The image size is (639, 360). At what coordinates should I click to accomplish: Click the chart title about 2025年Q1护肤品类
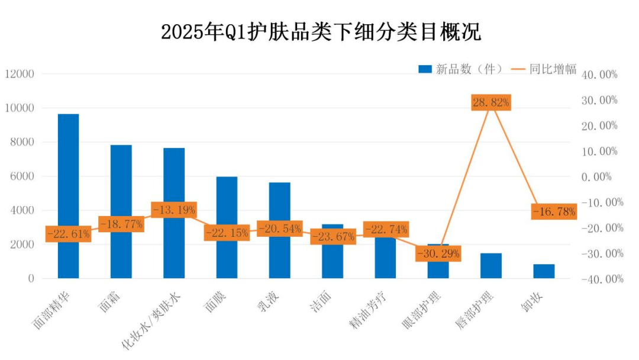[321, 32]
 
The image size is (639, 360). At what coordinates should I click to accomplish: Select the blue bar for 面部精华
[69, 196]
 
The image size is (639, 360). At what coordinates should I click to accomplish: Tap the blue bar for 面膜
[227, 227]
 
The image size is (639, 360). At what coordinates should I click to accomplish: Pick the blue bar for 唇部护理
[491, 266]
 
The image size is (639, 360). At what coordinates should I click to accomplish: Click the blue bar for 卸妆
[544, 271]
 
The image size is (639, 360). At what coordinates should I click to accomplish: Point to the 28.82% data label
[491, 102]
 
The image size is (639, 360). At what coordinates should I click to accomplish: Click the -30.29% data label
[438, 253]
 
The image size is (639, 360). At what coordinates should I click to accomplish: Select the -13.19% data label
[174, 210]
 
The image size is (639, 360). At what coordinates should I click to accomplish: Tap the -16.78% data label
[554, 211]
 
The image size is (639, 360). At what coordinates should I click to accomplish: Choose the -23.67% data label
[333, 236]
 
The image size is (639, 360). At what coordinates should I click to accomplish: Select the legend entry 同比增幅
[544, 69]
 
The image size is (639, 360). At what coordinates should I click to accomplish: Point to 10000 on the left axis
[20, 108]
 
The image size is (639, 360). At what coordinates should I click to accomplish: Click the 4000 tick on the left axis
[22, 210]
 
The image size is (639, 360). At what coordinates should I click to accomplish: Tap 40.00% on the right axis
[599, 75]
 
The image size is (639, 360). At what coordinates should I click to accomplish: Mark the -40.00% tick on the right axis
[602, 279]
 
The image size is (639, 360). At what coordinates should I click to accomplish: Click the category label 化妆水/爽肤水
[151, 322]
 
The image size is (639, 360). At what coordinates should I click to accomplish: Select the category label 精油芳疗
[367, 310]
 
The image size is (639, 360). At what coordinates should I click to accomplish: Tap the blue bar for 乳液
[279, 230]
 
